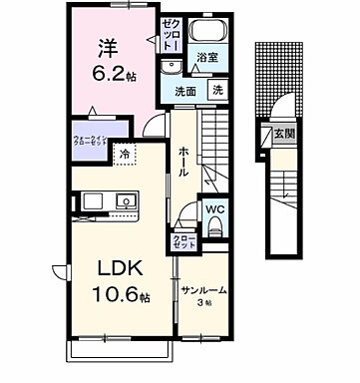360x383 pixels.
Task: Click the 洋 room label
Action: tap(108, 46)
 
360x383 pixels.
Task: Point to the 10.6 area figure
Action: tap(116, 296)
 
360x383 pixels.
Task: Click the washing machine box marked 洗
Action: tap(217, 91)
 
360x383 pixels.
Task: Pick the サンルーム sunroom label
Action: tap(203, 290)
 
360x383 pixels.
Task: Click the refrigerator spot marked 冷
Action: tap(125, 154)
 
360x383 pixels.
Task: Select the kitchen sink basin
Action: tap(128, 200)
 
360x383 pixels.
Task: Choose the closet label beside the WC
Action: tap(185, 241)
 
